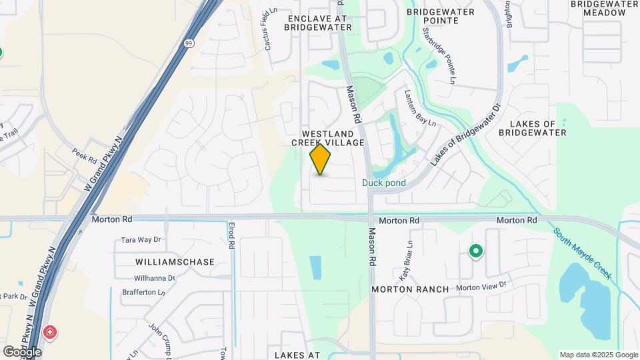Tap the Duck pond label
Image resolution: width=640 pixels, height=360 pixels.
click(384, 183)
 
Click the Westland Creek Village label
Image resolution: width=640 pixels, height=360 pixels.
click(328, 138)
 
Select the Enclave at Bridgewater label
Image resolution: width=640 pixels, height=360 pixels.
click(318, 23)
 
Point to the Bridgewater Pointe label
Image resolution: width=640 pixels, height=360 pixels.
click(440, 16)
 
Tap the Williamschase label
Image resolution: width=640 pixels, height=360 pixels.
click(175, 262)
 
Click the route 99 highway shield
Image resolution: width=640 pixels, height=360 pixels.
click(189, 43)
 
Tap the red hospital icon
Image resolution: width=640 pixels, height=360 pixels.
click(49, 332)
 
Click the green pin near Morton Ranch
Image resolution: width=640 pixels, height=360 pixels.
click(475, 251)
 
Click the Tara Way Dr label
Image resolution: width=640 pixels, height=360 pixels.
click(141, 240)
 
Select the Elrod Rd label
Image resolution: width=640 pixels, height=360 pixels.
click(231, 235)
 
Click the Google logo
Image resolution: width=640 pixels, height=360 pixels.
click(22, 351)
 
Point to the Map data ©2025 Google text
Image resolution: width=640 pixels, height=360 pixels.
click(598, 355)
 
